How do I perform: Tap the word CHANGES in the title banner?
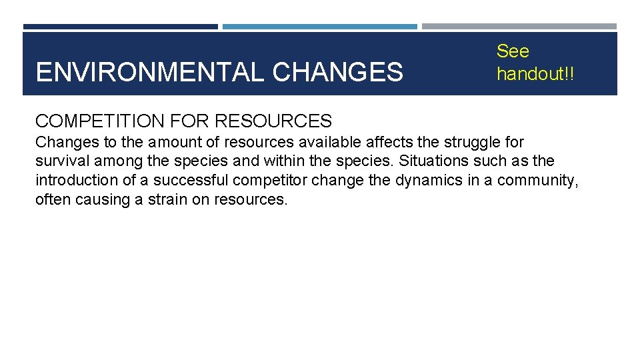click(x=338, y=72)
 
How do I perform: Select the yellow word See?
click(x=513, y=51)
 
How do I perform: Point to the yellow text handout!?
click(x=535, y=74)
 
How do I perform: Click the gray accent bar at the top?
click(x=519, y=27)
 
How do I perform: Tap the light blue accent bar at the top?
click(x=319, y=27)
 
